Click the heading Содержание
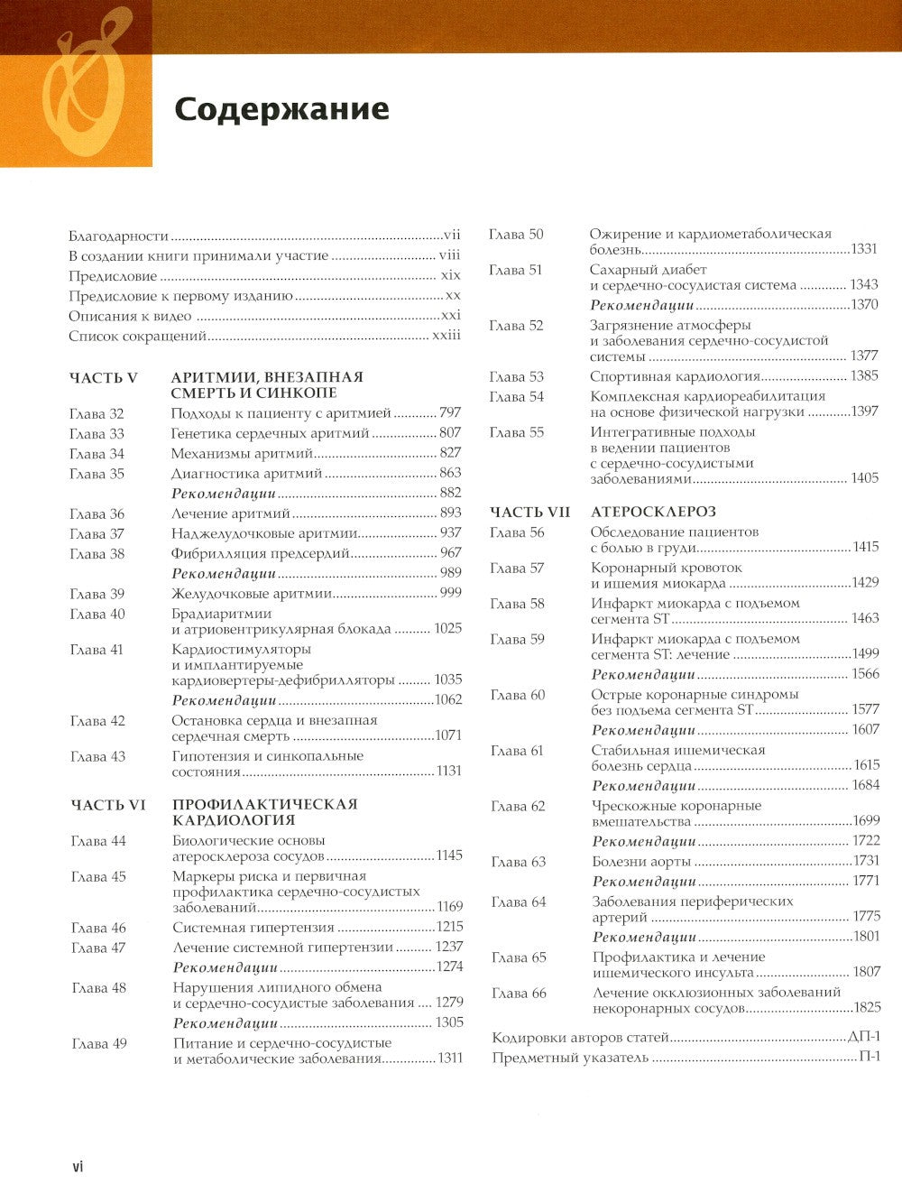(281, 108)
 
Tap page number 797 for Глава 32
(449, 413)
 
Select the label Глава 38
(97, 554)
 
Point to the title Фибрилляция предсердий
(260, 553)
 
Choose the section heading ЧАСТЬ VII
(530, 512)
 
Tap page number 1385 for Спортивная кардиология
(863, 376)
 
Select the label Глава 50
(516, 235)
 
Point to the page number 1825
(864, 1008)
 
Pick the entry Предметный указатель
(570, 1057)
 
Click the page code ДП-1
(863, 1037)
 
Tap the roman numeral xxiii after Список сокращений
(445, 336)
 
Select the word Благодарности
(119, 236)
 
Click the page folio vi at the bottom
(78, 1167)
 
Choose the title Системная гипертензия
(253, 928)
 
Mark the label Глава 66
(519, 994)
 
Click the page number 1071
(448, 736)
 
